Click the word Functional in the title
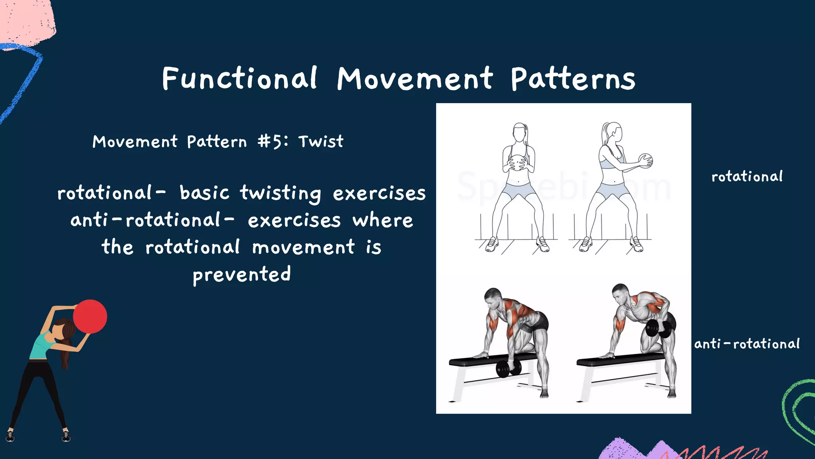(239, 78)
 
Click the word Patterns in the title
(573, 79)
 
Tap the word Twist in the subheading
(321, 141)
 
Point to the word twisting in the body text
(280, 193)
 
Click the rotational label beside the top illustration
(747, 177)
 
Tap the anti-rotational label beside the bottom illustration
(747, 343)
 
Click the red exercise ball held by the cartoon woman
(90, 316)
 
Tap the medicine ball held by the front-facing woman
(517, 163)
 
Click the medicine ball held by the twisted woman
(646, 161)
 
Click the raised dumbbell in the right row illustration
(658, 328)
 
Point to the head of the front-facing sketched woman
(520, 132)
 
